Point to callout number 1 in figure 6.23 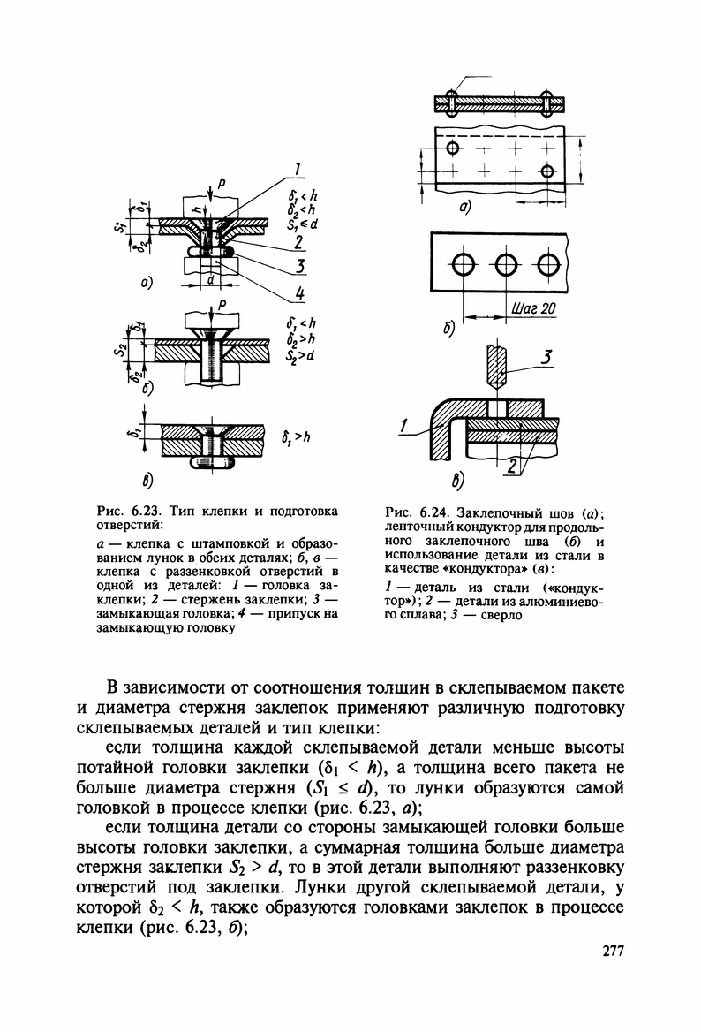click(x=298, y=171)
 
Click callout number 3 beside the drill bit click(x=546, y=357)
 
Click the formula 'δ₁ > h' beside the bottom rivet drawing click(x=296, y=436)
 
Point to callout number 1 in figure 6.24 click(x=403, y=428)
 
